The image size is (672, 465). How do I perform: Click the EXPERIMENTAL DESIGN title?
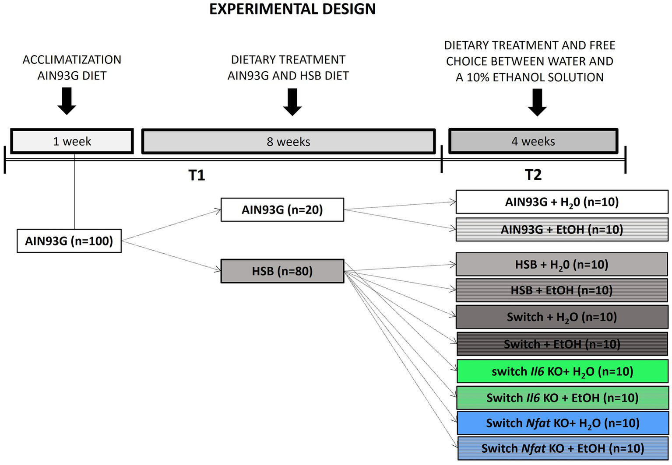click(x=292, y=9)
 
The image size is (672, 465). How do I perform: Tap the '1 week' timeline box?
click(x=72, y=141)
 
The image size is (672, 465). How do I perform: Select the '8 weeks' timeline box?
click(x=288, y=141)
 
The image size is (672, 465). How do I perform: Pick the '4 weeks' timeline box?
click(x=533, y=141)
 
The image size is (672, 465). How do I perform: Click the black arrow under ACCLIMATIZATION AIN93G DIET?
click(x=67, y=101)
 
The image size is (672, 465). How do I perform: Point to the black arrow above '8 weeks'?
click(x=292, y=101)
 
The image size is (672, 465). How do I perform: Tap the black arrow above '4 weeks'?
click(x=537, y=102)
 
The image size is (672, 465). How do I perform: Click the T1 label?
click(x=197, y=175)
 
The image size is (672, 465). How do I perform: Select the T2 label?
click(x=533, y=175)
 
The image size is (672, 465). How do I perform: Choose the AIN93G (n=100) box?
click(x=69, y=241)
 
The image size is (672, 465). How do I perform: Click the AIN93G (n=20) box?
click(x=282, y=210)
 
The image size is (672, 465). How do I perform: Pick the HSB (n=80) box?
click(x=282, y=271)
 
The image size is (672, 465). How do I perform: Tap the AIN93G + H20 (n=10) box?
click(x=562, y=202)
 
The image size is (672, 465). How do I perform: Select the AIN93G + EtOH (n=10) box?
click(x=562, y=230)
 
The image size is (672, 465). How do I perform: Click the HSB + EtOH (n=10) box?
click(x=562, y=290)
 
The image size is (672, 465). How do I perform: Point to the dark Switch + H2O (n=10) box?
click(x=562, y=317)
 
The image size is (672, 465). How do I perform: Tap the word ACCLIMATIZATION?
click(x=72, y=59)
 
